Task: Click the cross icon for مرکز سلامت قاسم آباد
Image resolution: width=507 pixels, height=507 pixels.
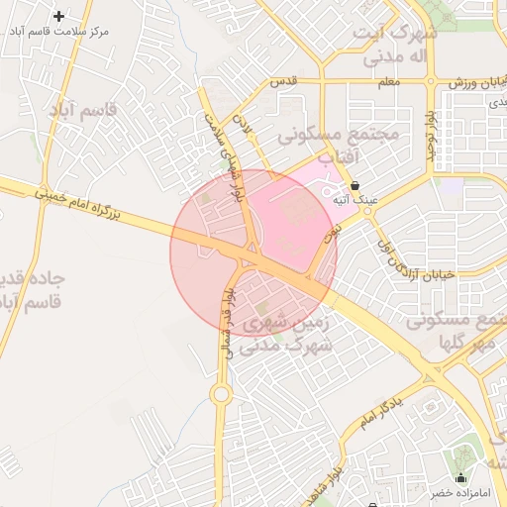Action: [59, 16]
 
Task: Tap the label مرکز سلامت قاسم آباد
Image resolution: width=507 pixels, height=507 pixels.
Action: [59, 32]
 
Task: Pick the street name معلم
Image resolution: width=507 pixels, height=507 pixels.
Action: [388, 82]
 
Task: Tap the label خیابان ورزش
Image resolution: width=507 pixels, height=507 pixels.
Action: [469, 82]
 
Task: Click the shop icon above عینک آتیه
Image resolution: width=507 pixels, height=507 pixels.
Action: [354, 185]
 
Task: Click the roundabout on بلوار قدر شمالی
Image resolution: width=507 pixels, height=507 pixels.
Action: [221, 394]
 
